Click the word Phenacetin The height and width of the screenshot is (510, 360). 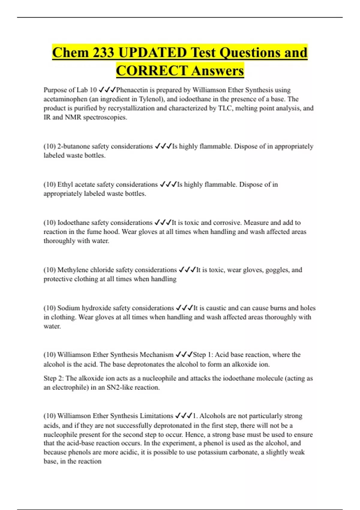point(131,90)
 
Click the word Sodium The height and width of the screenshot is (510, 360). point(68,308)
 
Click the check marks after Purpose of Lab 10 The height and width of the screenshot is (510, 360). point(107,90)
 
